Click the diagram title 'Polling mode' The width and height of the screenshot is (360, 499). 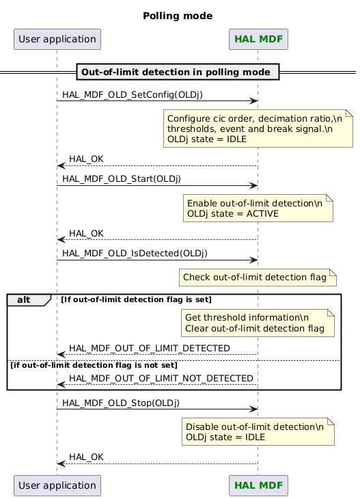(178, 16)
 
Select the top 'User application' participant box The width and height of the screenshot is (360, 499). (57, 39)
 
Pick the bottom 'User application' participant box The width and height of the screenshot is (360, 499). (57, 485)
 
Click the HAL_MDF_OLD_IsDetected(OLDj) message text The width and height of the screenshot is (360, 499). (135, 253)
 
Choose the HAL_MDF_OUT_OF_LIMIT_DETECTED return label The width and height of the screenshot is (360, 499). (149, 349)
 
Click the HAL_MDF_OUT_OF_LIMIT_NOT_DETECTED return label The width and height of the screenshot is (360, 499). (161, 378)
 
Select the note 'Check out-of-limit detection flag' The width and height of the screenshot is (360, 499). (258, 277)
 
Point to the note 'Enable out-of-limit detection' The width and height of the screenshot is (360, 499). (258, 208)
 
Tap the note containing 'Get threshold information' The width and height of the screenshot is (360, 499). (258, 323)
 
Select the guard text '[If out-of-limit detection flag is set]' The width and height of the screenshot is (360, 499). (136, 299)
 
